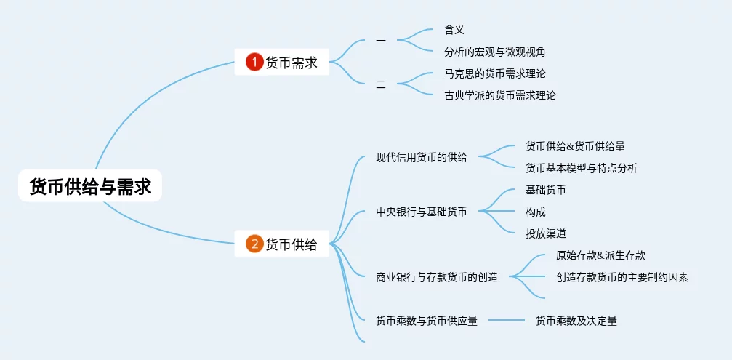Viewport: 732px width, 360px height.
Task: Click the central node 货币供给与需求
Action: click(90, 186)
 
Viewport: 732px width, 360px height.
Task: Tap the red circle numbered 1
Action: click(254, 63)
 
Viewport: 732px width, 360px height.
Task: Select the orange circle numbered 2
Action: click(254, 244)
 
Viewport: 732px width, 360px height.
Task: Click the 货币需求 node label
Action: click(291, 63)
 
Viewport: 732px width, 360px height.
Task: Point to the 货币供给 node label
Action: click(291, 244)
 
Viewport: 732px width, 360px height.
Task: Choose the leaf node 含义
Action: click(454, 30)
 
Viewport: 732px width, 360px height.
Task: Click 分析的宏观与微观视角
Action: click(494, 52)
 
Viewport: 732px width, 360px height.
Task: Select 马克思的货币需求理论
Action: click(494, 73)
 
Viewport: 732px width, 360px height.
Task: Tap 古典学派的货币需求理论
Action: click(499, 95)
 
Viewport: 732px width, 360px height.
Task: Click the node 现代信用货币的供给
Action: click(422, 157)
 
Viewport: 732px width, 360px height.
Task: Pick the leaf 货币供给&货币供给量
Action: click(575, 146)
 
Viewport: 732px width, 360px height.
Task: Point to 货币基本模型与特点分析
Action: click(581, 168)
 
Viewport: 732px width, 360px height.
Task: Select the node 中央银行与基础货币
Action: click(422, 212)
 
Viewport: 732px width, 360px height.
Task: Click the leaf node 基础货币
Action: click(545, 190)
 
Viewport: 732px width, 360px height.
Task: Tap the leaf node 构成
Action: click(535, 212)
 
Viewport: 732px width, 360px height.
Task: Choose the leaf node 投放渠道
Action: click(545, 233)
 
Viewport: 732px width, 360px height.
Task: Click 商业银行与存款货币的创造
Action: click(437, 277)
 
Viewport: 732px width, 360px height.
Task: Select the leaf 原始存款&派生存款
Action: click(600, 255)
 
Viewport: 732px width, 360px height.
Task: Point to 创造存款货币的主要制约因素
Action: click(622, 277)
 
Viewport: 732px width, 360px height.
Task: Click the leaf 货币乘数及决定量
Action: click(576, 321)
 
